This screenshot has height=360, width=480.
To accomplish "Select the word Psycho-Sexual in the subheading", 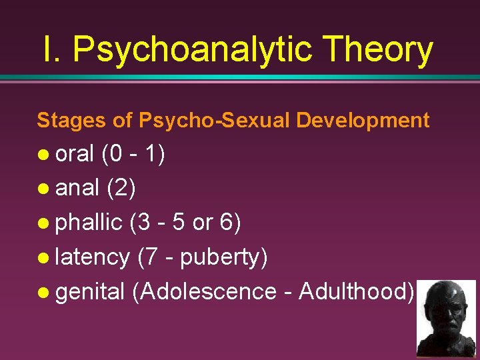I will (214, 121).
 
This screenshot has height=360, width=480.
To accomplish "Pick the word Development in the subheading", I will (363, 121).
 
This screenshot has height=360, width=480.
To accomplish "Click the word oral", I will (75, 155).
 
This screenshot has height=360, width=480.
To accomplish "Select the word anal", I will (77, 189).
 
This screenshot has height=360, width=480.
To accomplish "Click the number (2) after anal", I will (121, 189).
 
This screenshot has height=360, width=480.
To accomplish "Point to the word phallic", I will (89, 223).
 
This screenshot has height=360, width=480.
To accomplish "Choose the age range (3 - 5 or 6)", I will (185, 223).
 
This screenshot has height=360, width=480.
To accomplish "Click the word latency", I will (92, 257).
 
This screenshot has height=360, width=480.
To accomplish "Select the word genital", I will (90, 291).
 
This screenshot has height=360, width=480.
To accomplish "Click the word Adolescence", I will (213, 291).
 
